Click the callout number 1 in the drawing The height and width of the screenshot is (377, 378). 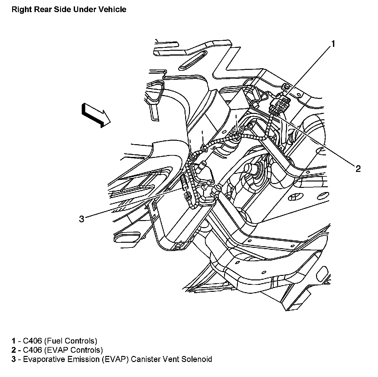click(x=333, y=44)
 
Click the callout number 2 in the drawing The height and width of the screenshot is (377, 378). click(x=358, y=169)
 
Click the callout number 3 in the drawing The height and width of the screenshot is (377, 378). click(x=82, y=219)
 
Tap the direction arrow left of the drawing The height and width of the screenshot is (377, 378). click(x=96, y=115)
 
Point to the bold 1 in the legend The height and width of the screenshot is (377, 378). click(x=13, y=341)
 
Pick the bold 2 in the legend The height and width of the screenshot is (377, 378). click(x=14, y=350)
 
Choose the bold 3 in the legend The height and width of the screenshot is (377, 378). click(x=14, y=359)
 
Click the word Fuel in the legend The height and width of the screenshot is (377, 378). click(x=54, y=341)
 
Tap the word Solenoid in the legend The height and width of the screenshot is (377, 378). click(x=197, y=359)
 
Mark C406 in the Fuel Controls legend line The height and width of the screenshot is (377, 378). click(x=32, y=341)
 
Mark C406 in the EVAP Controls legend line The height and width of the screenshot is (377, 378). click(x=32, y=350)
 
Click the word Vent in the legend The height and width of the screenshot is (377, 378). click(x=171, y=359)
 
